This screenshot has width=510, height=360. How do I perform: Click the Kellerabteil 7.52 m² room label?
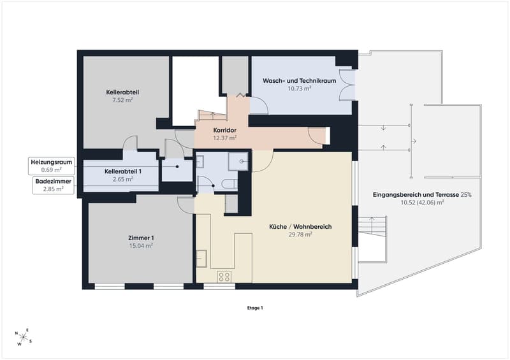tap(122, 96)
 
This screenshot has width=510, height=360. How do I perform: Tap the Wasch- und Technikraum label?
tap(299, 81)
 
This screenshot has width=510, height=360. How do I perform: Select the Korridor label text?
tap(225, 130)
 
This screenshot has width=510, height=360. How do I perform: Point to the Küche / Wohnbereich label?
tap(300, 227)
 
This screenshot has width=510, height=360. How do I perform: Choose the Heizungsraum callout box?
tap(52, 166)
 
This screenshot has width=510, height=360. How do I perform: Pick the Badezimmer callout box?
tap(54, 185)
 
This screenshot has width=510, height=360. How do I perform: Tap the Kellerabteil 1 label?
tap(123, 171)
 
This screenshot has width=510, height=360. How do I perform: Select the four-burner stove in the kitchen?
tap(224, 277)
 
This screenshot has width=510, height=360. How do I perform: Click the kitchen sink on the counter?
tap(201, 258)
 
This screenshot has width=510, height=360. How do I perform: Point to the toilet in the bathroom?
tap(230, 184)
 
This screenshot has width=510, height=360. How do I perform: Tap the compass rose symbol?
tap(24, 337)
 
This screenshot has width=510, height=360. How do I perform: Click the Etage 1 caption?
tap(255, 308)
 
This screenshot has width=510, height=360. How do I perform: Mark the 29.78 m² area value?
tap(300, 234)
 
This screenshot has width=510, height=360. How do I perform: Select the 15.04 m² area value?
tap(141, 245)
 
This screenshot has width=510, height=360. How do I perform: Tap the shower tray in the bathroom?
tap(238, 161)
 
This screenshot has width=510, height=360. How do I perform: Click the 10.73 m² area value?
tap(299, 88)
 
